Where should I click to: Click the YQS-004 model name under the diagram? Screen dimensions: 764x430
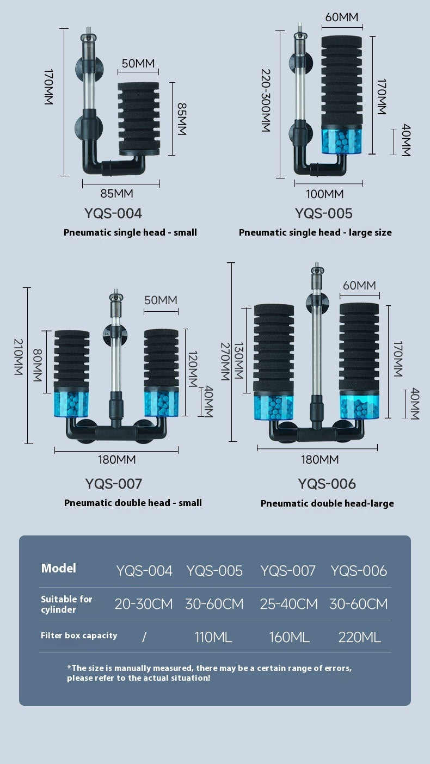click(x=113, y=213)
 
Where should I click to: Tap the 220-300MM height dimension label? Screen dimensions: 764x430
click(x=266, y=100)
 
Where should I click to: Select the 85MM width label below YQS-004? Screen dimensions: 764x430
click(x=116, y=193)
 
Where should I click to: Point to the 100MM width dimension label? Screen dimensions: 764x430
click(x=324, y=194)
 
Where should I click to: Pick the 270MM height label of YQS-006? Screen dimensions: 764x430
click(x=224, y=361)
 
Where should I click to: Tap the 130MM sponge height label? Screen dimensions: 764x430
click(x=238, y=361)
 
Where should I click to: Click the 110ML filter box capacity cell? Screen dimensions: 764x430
click(x=213, y=637)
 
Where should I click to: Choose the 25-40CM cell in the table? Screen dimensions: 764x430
click(x=288, y=604)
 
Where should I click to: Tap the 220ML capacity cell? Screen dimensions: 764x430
click(x=359, y=637)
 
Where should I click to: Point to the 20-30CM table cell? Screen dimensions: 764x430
click(x=144, y=604)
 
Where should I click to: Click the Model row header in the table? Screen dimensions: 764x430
click(x=59, y=568)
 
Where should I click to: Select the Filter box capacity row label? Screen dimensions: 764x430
click(x=79, y=636)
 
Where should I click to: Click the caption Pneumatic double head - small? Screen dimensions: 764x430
click(x=133, y=503)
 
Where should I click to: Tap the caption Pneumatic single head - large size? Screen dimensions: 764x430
click(x=315, y=232)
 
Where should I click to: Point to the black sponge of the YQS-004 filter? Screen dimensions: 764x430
click(x=138, y=117)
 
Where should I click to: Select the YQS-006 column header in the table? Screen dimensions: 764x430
click(x=359, y=571)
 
